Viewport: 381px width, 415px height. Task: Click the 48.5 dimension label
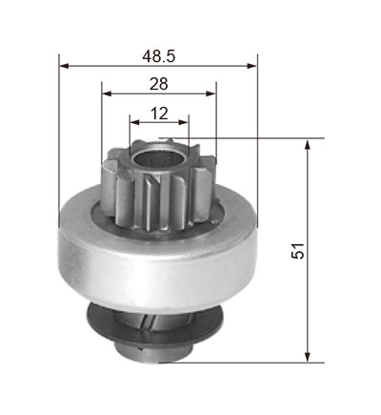158,56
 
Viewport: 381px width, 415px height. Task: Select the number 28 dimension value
159,84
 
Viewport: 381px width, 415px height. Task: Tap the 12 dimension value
159,114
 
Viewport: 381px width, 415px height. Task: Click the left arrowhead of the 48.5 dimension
64,66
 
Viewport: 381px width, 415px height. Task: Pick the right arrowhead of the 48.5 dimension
252,66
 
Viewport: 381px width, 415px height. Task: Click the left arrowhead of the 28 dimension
107,93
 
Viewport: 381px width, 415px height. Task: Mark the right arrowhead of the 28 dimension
211,93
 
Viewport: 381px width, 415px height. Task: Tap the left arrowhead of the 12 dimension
135,122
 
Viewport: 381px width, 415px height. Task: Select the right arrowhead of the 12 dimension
184,122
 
